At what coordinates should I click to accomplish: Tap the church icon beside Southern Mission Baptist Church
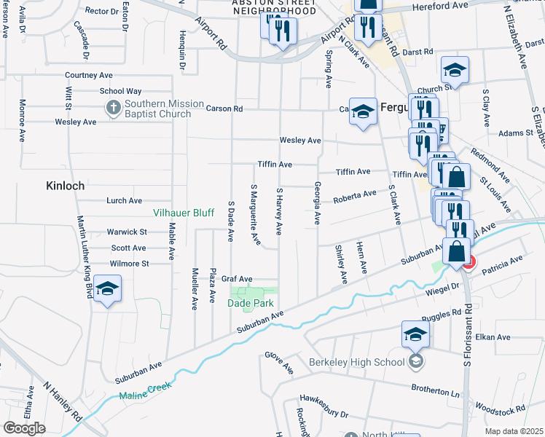tap(112, 109)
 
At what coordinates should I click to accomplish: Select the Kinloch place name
tap(65, 186)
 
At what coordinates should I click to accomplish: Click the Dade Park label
tap(251, 302)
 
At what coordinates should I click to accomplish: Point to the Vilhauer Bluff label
tap(182, 213)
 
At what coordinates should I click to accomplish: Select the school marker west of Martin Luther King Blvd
tap(107, 288)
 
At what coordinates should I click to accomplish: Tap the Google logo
tap(24, 428)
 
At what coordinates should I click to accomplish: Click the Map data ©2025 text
tap(514, 431)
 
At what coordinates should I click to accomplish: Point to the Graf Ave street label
tap(237, 279)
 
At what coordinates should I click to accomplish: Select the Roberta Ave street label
tap(355, 196)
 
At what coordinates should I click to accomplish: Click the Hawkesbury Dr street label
tap(324, 406)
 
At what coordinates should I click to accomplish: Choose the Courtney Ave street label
tap(88, 75)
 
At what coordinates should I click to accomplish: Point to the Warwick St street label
tap(128, 232)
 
